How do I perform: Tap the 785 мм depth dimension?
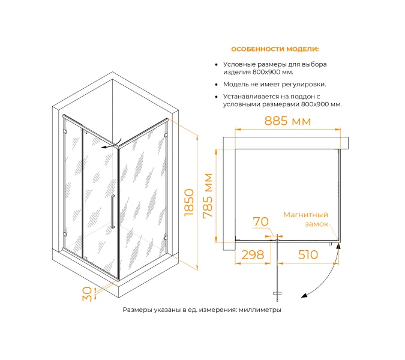(x=208, y=196)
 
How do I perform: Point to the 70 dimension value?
(x=261, y=222)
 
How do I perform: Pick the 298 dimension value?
(x=253, y=255)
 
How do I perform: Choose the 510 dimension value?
(x=308, y=255)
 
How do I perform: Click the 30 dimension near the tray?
(x=88, y=293)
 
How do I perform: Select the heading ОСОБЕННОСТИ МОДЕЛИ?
(x=275, y=49)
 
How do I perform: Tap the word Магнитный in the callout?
(x=305, y=214)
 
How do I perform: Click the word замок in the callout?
(x=316, y=224)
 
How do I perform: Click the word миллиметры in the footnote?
(x=260, y=310)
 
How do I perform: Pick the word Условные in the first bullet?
(x=239, y=64)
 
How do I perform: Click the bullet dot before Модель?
(x=215, y=85)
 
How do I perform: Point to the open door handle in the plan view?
(x=277, y=293)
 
